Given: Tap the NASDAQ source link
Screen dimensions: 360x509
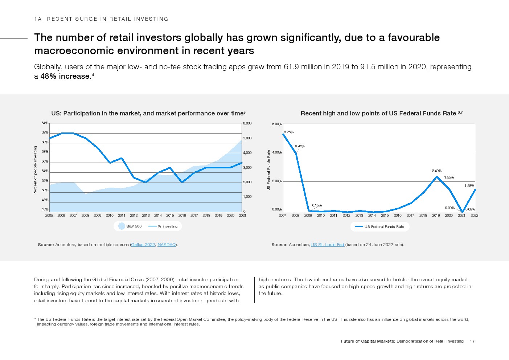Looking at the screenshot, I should (x=167, y=245).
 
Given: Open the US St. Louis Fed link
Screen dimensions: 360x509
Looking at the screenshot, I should (x=328, y=245).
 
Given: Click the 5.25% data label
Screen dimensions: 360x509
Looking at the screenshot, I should (x=288, y=132).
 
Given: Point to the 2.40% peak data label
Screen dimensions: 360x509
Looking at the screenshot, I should (x=436, y=171).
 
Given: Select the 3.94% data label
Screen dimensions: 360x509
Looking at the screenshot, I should (x=299, y=146).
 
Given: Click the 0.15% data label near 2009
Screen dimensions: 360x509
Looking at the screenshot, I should (x=317, y=205).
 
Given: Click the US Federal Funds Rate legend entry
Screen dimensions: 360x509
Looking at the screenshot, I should (x=380, y=227).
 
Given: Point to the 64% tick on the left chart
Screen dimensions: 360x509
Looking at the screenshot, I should (x=45, y=123).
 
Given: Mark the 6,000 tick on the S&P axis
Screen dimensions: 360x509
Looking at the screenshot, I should (x=247, y=123).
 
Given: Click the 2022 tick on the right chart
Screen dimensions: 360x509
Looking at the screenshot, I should (x=474, y=216).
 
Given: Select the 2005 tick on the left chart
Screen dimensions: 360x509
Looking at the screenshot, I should (x=49, y=216).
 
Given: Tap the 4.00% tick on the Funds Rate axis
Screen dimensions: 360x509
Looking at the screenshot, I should (x=277, y=152).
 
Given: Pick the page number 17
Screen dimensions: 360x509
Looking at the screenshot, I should (x=472, y=341).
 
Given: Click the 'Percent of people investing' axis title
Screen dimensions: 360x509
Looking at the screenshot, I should (x=35, y=170).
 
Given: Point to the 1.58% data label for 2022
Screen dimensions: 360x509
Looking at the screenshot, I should (x=469, y=186).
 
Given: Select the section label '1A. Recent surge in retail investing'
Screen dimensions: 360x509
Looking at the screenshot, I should (x=101, y=19).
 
